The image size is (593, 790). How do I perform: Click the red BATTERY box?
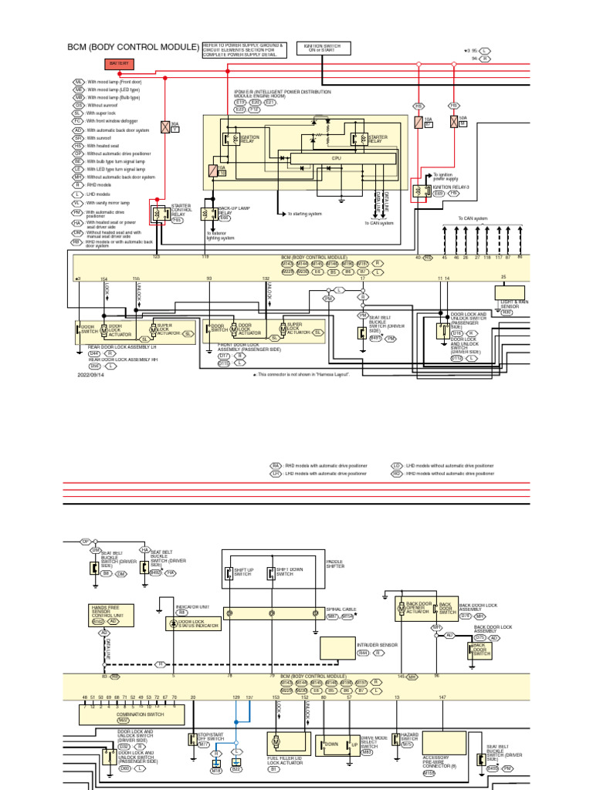coord(119,62)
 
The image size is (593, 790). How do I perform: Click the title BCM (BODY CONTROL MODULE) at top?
coord(133,48)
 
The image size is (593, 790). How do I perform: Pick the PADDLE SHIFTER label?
coord(336,564)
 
